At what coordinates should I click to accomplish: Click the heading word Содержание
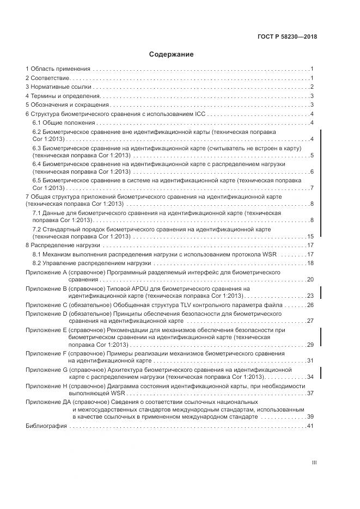click(171, 54)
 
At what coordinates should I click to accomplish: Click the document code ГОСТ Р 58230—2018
click(287, 38)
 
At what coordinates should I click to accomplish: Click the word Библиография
click(46, 426)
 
